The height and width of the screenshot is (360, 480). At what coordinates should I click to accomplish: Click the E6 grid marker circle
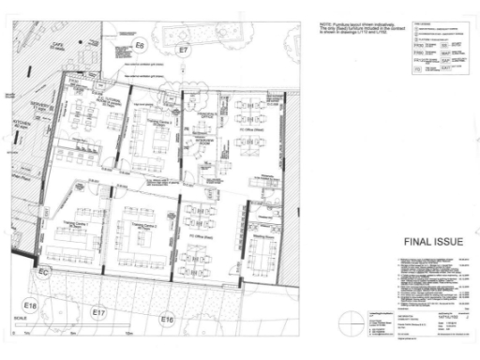140,44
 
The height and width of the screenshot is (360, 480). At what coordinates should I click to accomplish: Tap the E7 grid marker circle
184,48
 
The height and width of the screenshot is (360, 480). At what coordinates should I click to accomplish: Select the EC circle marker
44,272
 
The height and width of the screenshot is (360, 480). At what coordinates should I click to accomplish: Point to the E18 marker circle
30,306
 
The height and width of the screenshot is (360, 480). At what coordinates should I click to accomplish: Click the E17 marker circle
98,311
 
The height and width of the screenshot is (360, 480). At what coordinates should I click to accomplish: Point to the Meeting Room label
262,237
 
